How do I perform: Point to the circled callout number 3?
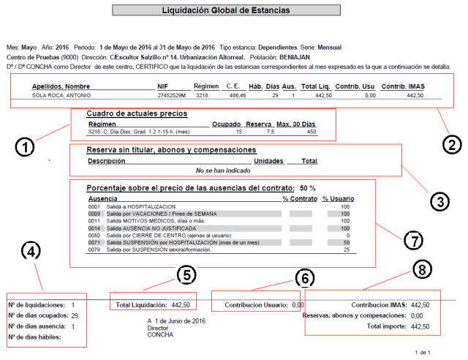click(x=438, y=201)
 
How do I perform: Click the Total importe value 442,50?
click(x=420, y=326)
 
